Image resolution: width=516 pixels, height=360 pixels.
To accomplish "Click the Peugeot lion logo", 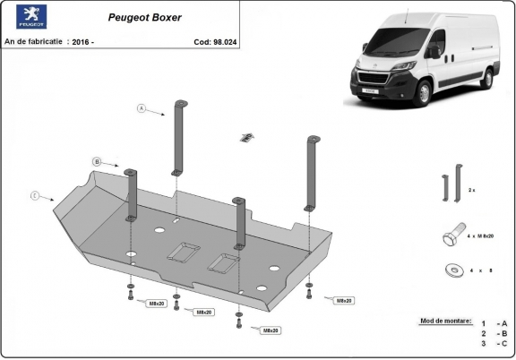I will (x=20, y=17).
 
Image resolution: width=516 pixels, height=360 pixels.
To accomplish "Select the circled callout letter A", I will (x=141, y=108).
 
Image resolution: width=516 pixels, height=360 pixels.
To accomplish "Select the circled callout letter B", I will (x=96, y=161).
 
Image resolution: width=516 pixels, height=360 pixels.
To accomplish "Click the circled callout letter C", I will (x=34, y=194).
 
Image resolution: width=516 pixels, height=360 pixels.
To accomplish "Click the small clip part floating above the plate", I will (x=245, y=137).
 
